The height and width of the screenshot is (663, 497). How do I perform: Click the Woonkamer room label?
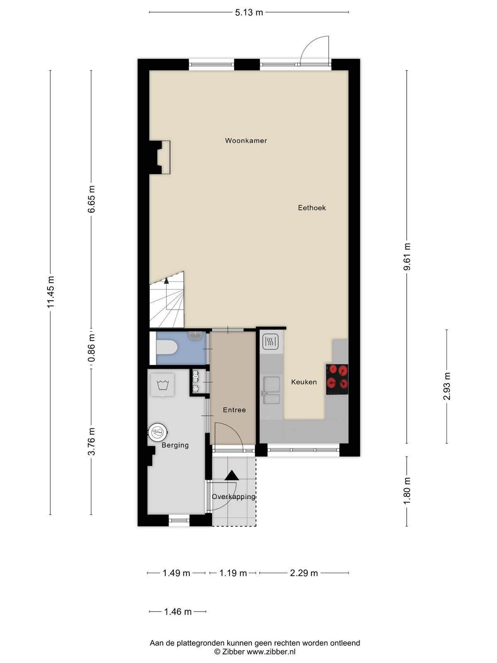[246, 140]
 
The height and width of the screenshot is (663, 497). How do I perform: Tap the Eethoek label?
[312, 208]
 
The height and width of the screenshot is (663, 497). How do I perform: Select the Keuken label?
[304, 382]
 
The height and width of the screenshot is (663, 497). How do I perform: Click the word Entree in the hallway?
[234, 410]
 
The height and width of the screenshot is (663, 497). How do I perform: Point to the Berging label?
[175, 445]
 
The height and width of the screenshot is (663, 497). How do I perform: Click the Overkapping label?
[234, 496]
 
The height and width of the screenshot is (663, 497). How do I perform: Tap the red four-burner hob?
[337, 379]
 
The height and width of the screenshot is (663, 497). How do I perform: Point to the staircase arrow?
[166, 281]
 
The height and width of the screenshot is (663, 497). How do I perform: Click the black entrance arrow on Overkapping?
[232, 475]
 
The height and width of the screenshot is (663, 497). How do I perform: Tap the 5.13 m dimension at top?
[249, 12]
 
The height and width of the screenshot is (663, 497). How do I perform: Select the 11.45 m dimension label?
[51, 292]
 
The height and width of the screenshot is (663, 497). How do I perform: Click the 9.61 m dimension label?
[407, 257]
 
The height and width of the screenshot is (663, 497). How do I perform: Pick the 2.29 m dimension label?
[304, 573]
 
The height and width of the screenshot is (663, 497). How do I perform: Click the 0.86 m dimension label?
[92, 348]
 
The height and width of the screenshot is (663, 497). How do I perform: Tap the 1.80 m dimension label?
[407, 491]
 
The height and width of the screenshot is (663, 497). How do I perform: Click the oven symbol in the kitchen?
[271, 342]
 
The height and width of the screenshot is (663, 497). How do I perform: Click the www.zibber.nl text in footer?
[271, 652]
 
